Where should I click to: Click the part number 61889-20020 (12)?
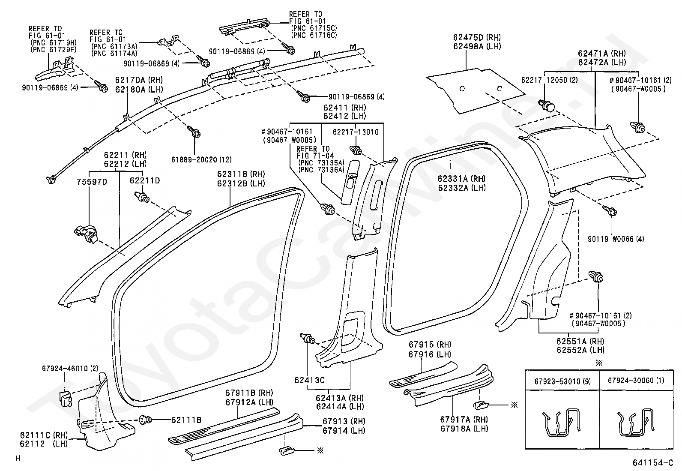201,159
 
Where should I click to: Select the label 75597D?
92,182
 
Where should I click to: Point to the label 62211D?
145,181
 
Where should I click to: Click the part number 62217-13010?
356,132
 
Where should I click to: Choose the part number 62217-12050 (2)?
550,80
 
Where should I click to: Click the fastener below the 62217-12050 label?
547,105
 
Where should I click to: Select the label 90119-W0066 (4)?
616,239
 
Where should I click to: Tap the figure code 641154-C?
653,463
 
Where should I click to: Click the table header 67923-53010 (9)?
562,381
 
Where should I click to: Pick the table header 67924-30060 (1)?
636,381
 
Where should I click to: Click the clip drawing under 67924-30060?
636,423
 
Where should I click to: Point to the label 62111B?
186,420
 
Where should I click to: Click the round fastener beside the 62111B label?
145,420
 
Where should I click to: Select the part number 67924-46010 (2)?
70,369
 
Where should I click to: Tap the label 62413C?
309,380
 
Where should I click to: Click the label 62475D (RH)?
477,37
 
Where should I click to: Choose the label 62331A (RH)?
461,179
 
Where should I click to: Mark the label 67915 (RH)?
430,345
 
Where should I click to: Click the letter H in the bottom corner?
18,458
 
